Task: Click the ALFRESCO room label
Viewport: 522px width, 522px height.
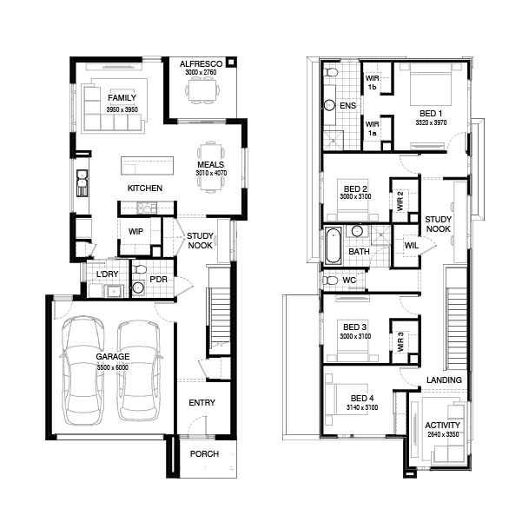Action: coord(201,64)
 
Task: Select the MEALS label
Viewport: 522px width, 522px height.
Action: coord(211,164)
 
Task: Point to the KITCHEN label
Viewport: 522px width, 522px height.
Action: coord(145,188)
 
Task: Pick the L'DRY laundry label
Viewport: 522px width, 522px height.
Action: coord(107,274)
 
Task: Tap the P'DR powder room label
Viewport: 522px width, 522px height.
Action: coord(157,279)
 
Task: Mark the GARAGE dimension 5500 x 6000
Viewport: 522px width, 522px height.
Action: coord(112,367)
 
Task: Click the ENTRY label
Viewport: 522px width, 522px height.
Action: coord(202,402)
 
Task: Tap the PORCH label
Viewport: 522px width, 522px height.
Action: coord(204,454)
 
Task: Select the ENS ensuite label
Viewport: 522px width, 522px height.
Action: coord(347,106)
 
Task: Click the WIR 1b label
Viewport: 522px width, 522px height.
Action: coord(372,83)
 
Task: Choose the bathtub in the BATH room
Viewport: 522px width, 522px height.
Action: coord(334,247)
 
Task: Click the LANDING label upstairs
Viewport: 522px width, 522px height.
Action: coord(444,380)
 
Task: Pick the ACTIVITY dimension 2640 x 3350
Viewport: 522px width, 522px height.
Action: coord(443,434)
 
